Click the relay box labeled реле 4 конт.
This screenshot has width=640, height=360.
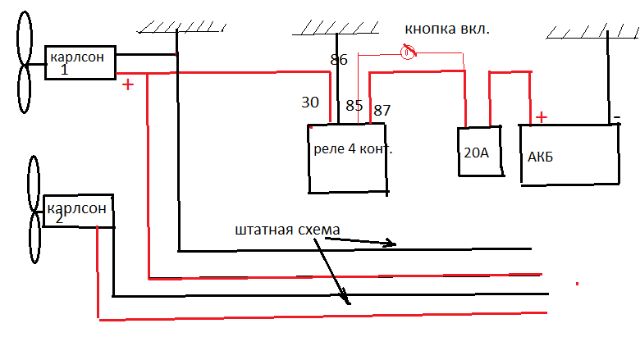[x=347, y=159]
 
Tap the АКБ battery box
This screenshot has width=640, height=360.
[x=569, y=154]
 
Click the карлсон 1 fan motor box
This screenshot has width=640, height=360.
[x=80, y=62]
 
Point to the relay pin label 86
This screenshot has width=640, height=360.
[x=338, y=60]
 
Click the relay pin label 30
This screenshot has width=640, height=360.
[x=310, y=103]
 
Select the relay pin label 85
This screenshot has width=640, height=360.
[x=354, y=106]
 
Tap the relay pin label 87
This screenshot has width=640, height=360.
[x=382, y=110]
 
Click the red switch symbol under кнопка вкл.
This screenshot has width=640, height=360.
[x=407, y=53]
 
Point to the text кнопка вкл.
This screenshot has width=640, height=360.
[x=447, y=30]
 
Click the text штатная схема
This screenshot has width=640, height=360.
[x=286, y=229]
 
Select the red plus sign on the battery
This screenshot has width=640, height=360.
[x=542, y=117]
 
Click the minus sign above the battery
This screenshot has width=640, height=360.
[x=615, y=117]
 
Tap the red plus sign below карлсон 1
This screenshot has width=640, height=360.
[x=127, y=84]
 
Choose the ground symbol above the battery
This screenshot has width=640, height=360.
[x=587, y=31]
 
